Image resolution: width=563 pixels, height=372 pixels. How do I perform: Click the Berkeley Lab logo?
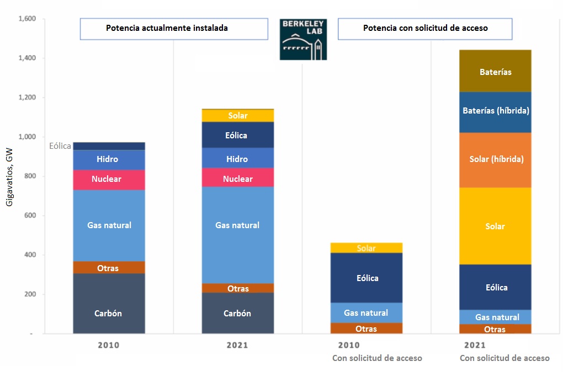click(x=303, y=39)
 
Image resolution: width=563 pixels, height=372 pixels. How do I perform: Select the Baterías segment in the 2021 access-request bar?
click(x=495, y=71)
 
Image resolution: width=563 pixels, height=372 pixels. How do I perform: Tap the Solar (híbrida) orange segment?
click(x=495, y=160)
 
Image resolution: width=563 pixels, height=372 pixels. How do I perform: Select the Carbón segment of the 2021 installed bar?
click(x=237, y=313)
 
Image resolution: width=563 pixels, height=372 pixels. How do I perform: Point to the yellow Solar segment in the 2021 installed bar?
click(x=237, y=116)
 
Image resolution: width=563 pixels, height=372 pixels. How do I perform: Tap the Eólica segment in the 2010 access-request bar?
click(x=367, y=278)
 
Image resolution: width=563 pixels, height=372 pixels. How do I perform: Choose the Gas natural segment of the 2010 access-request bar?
click(x=367, y=312)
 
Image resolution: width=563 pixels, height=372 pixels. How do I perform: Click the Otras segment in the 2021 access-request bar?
click(x=495, y=329)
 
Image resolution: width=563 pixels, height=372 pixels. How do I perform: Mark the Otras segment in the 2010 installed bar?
click(x=109, y=267)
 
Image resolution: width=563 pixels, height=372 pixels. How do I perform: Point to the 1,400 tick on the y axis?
click(x=27, y=58)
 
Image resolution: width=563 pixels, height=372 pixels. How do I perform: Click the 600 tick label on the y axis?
click(x=29, y=216)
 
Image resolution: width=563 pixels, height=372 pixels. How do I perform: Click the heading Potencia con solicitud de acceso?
click(x=425, y=28)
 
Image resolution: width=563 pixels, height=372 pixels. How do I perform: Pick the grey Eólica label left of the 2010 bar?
click(x=60, y=146)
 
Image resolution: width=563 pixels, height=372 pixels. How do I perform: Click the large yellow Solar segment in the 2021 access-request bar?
click(x=495, y=226)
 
